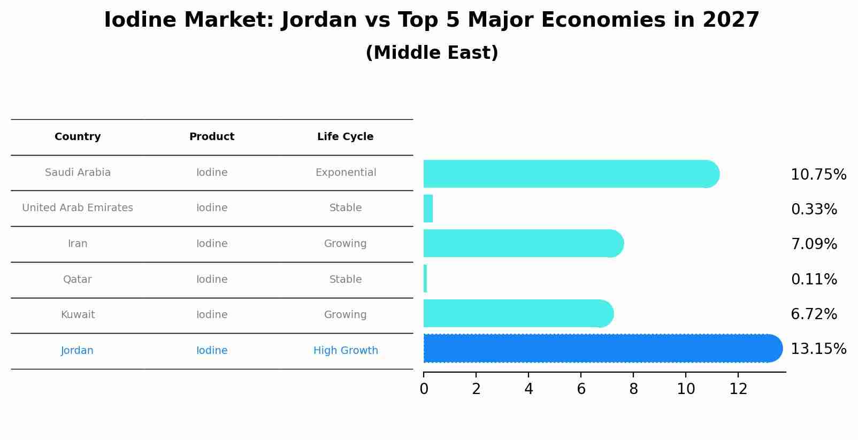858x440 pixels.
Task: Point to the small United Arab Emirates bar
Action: click(x=428, y=209)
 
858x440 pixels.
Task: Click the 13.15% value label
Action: click(x=818, y=349)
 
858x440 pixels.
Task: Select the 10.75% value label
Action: click(x=818, y=175)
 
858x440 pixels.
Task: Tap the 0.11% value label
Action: click(x=814, y=280)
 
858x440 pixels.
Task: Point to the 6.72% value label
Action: click(x=814, y=314)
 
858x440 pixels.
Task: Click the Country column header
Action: click(x=78, y=137)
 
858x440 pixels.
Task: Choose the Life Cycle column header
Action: click(x=345, y=137)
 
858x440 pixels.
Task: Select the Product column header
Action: click(x=212, y=137)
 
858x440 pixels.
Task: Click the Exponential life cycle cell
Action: click(x=346, y=173)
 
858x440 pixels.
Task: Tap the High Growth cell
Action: click(x=346, y=351)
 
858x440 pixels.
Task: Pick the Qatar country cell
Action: click(x=78, y=280)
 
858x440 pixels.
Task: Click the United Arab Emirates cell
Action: click(x=78, y=208)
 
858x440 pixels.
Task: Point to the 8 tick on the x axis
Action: click(x=633, y=389)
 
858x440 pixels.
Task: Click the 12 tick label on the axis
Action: click(x=738, y=389)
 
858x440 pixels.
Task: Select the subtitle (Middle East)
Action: click(x=432, y=53)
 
